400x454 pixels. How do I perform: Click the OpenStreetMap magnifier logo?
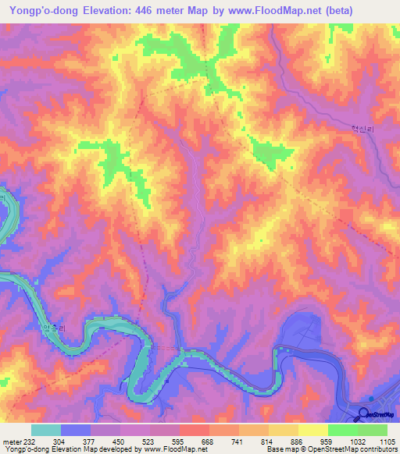363,414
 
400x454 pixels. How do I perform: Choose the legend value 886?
298,442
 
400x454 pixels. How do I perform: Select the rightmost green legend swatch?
372,430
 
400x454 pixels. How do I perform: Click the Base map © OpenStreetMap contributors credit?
331,450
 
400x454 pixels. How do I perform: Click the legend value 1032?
356,442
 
